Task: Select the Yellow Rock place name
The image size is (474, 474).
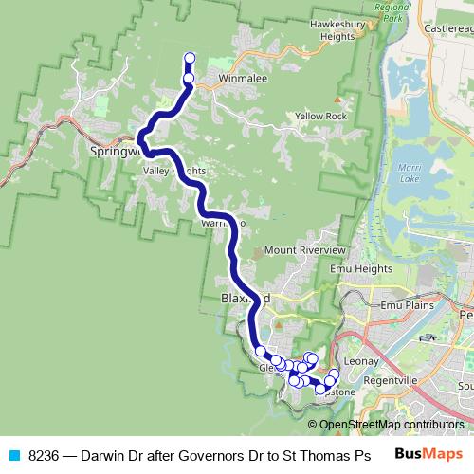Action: [x=320, y=117]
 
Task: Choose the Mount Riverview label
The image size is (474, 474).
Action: [x=305, y=249]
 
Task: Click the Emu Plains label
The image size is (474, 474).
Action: [x=406, y=306]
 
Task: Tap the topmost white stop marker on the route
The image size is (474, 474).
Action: [x=189, y=58]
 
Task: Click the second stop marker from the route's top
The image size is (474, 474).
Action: [x=189, y=79]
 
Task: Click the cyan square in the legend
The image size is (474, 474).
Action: [x=13, y=455]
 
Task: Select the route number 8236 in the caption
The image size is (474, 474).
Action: [x=46, y=455]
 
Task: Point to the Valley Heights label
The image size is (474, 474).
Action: [x=173, y=172]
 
